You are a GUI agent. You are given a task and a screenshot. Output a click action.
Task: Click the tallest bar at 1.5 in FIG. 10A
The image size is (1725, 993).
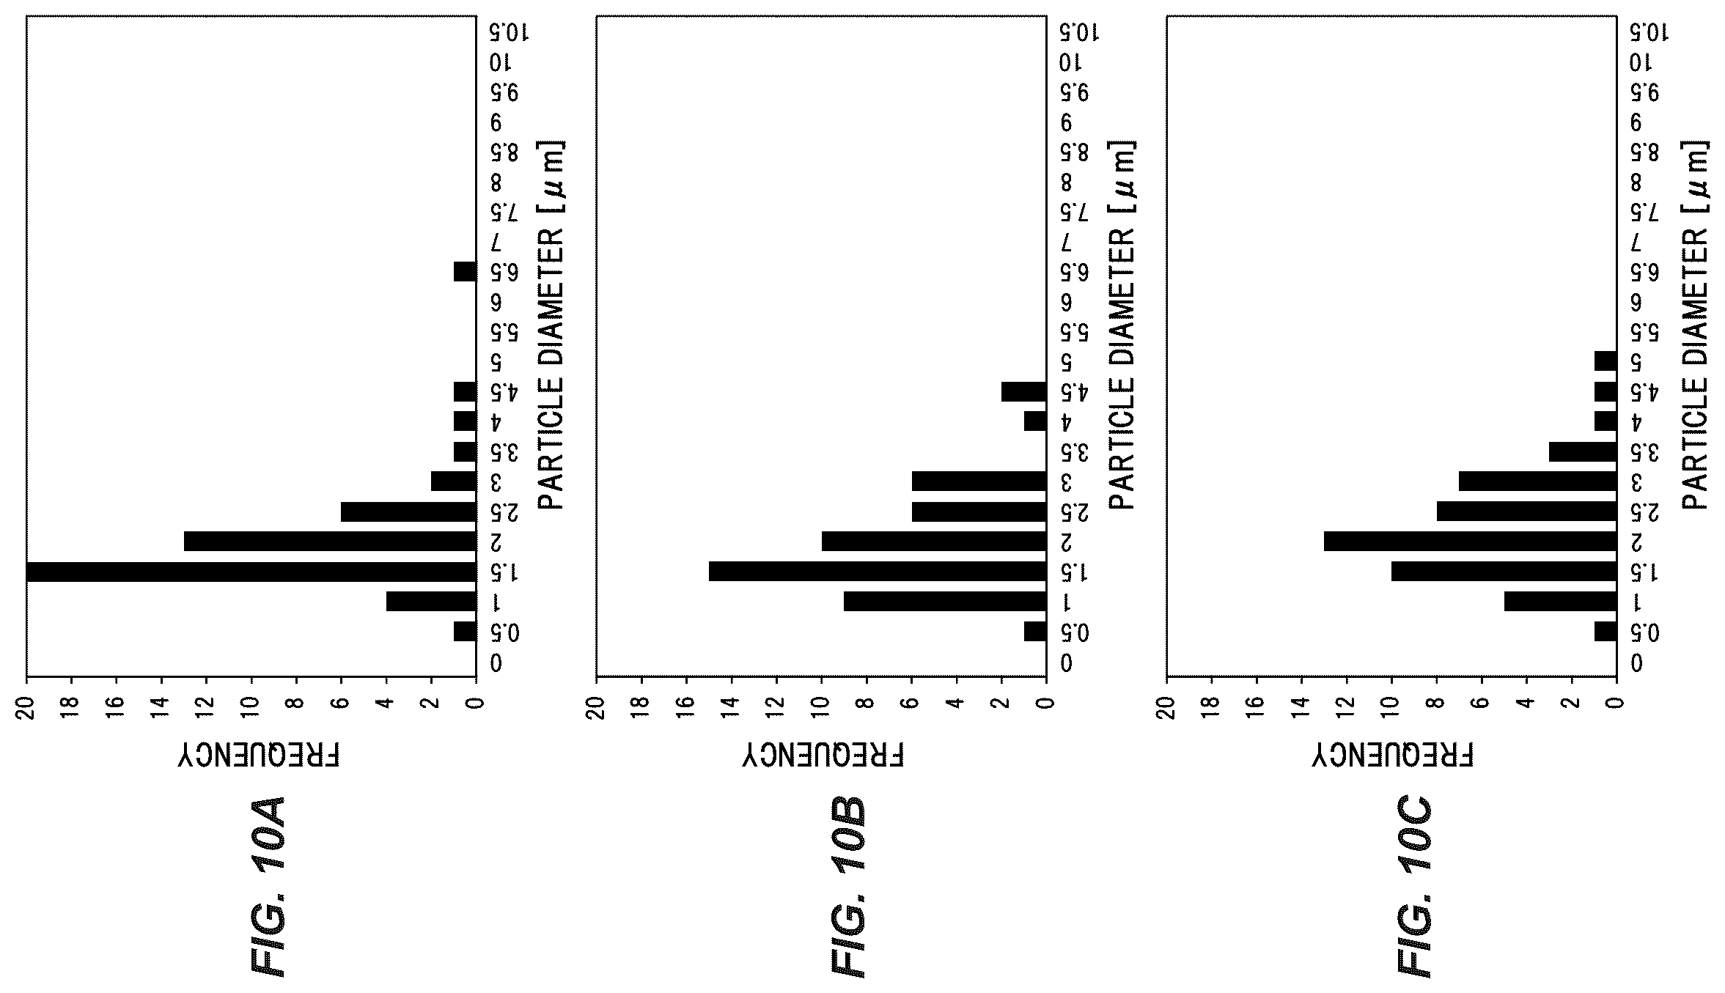coord(251,572)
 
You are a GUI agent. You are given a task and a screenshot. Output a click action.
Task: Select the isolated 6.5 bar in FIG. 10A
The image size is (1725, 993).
coord(465,271)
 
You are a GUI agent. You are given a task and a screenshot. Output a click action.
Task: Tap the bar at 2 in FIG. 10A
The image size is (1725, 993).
coord(330,542)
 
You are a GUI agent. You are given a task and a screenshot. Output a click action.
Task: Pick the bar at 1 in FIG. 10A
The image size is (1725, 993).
coord(431,602)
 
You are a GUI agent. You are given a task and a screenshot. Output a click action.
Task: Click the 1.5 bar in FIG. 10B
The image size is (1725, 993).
coord(878,572)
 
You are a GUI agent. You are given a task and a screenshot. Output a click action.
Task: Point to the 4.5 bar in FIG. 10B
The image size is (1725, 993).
coord(1024,391)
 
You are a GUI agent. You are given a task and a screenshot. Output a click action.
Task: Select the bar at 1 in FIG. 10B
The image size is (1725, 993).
coord(945,602)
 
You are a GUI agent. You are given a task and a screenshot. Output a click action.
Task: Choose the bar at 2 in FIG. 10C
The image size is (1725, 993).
coord(1470,542)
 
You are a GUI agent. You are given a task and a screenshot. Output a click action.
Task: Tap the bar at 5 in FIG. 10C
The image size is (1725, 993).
coord(1606,361)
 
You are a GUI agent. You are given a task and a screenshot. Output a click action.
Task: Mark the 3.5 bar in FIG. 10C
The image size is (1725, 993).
coord(1583,451)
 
